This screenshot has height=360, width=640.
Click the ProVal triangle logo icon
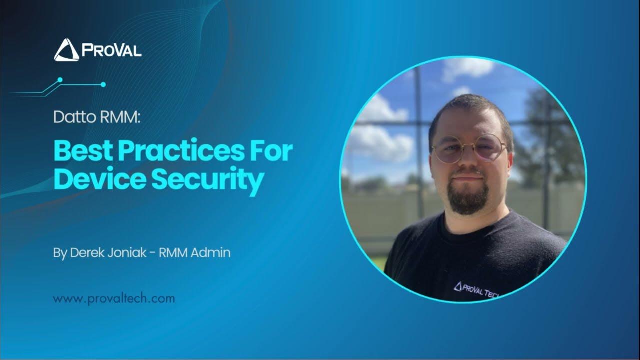[x=66, y=50]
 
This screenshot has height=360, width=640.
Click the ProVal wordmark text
[x=111, y=50]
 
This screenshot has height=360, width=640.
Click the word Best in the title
[x=81, y=151]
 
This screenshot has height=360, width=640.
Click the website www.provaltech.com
[x=114, y=299]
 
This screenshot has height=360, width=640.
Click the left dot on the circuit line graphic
[x=60, y=79]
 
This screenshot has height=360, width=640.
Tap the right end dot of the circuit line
[x=103, y=85]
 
